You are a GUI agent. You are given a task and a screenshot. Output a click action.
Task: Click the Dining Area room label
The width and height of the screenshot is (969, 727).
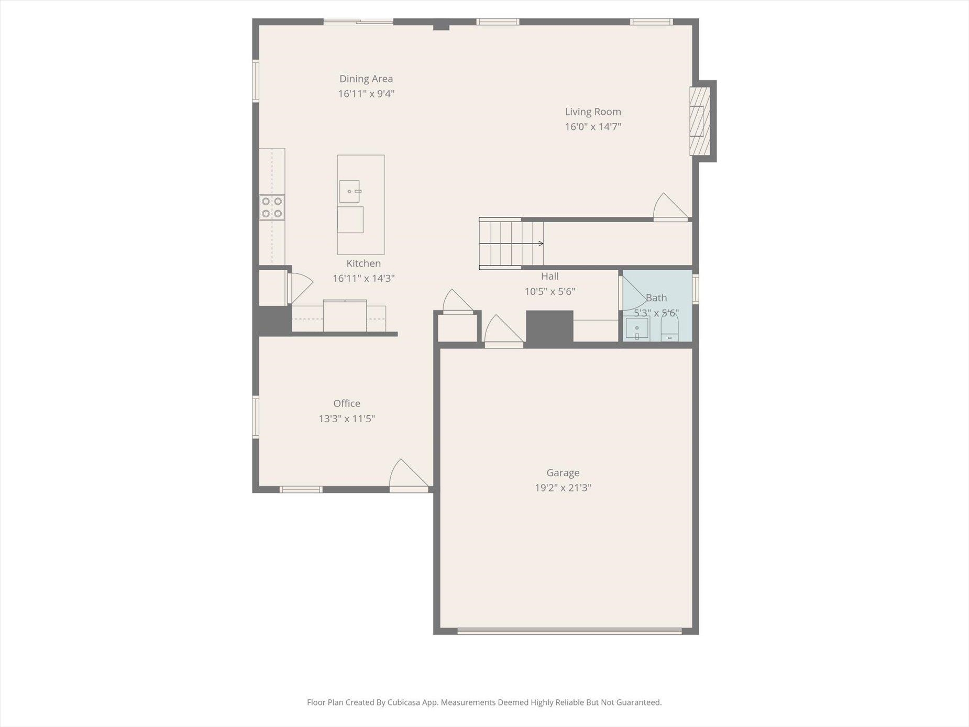[x=366, y=79]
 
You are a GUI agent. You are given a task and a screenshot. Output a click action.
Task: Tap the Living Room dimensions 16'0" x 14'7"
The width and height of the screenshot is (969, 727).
[x=593, y=127]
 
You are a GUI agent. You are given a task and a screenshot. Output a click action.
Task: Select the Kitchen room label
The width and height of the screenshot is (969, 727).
[x=364, y=263]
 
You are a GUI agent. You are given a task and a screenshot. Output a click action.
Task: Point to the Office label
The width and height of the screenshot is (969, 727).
[x=347, y=403]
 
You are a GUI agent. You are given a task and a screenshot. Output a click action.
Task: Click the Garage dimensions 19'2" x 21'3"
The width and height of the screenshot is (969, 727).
[x=563, y=488]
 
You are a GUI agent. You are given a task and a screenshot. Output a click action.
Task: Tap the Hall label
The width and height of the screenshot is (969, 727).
[x=550, y=276]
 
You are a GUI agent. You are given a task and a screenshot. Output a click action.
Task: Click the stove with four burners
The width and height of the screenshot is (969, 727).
[x=272, y=207]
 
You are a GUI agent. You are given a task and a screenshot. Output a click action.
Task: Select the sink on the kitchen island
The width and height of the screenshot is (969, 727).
[x=350, y=191]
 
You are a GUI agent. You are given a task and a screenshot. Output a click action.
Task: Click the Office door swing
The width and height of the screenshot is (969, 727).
[x=409, y=476]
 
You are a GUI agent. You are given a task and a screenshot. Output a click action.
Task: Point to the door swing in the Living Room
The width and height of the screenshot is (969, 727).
[x=670, y=207]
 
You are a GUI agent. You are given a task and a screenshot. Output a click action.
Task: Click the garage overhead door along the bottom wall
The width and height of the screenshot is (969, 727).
[x=569, y=631]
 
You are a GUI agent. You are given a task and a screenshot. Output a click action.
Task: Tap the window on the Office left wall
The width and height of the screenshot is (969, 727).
[x=256, y=417]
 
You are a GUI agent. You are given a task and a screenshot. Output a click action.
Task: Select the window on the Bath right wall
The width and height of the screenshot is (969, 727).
[x=696, y=289]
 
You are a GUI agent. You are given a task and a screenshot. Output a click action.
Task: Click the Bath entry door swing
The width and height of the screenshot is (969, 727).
[x=633, y=293]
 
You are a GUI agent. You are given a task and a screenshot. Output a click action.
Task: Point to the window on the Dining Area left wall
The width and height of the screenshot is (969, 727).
[x=256, y=81]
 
